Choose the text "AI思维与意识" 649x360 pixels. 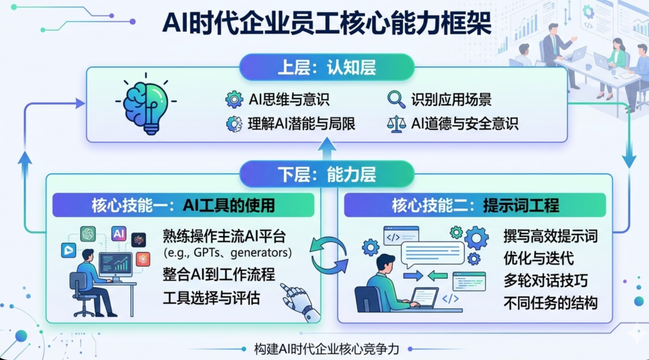pos(288,99)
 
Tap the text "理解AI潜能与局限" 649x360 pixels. pos(301,124)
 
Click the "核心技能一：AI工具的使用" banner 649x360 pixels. pos(183,205)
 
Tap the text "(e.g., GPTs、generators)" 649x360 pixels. pos(227,251)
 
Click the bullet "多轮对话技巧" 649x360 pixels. pos(546,280)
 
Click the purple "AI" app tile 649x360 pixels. pos(119,234)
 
